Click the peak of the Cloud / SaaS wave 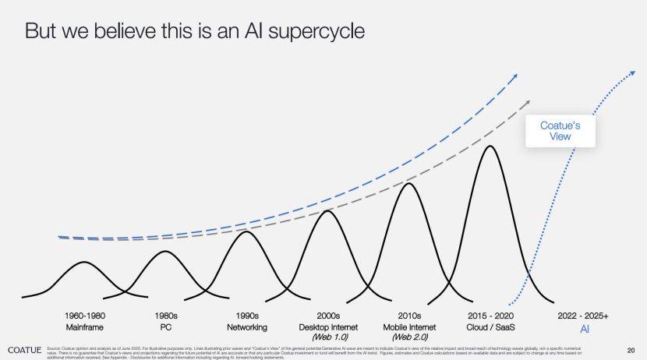click(490, 146)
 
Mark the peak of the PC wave click(164, 251)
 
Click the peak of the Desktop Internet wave click(327, 211)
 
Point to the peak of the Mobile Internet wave click(408, 183)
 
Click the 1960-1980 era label click(84, 316)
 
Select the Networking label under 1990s click(247, 327)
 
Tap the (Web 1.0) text click(328, 337)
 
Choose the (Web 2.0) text click(409, 337)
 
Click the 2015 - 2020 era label click(490, 316)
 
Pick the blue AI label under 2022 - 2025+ click(583, 330)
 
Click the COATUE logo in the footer click(22, 348)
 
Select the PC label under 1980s click(165, 327)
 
